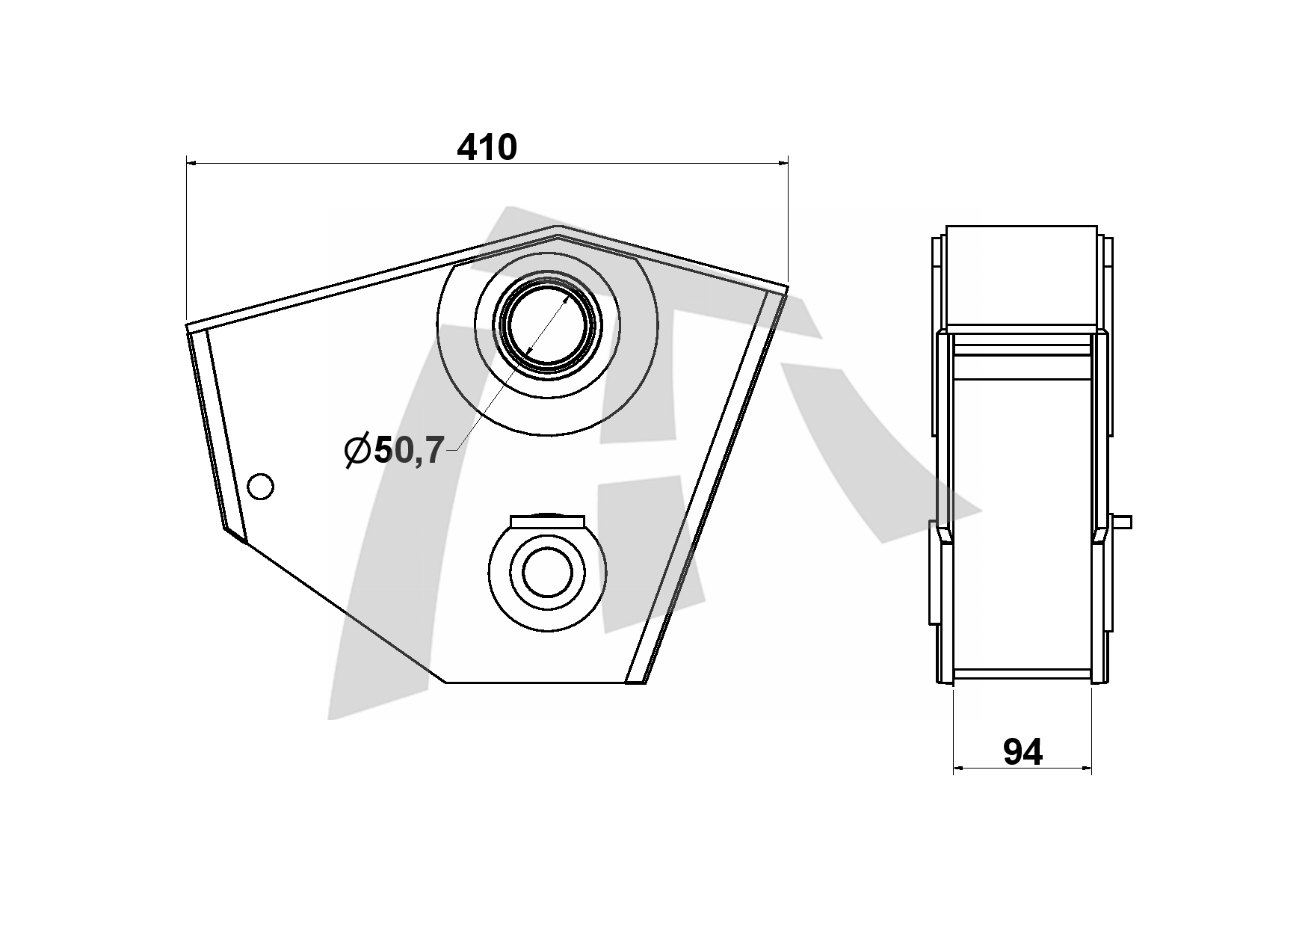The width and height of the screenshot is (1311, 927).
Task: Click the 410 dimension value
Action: click(x=487, y=147)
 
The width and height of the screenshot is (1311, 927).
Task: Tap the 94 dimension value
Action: click(x=1022, y=751)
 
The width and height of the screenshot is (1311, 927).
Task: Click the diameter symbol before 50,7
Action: click(x=357, y=451)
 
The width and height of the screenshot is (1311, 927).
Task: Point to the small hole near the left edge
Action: click(x=260, y=487)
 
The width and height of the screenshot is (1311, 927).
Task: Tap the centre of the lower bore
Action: click(x=547, y=573)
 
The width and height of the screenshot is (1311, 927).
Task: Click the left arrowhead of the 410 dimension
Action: click(x=191, y=161)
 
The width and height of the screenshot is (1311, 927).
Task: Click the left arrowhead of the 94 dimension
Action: click(x=959, y=767)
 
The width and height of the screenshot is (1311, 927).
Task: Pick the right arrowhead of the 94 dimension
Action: click(x=1086, y=767)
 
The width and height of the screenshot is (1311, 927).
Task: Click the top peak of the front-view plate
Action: click(x=557, y=226)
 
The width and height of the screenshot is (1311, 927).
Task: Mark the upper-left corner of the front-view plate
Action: click(x=186, y=325)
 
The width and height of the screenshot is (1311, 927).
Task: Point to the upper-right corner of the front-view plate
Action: click(x=789, y=286)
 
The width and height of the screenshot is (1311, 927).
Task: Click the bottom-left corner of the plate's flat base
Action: click(x=446, y=683)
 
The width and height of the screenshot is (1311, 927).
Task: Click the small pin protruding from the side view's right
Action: click(x=1121, y=522)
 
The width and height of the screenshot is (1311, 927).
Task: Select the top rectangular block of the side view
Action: click(x=1022, y=275)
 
